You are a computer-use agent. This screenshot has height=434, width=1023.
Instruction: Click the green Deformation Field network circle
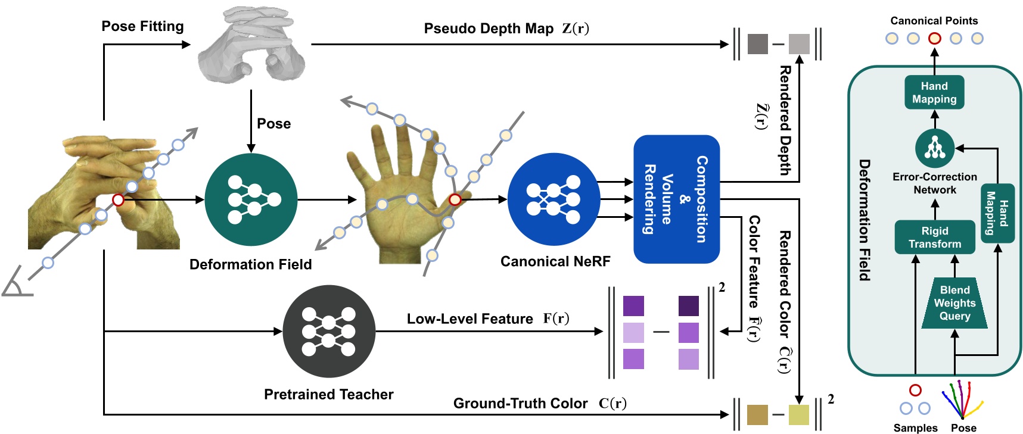coord(251,199)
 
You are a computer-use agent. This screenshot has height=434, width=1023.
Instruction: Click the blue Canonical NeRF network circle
coord(554,199)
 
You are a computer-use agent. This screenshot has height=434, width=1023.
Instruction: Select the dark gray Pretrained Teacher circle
coord(329,331)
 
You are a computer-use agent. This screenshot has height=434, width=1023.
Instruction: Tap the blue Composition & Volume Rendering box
coord(676,199)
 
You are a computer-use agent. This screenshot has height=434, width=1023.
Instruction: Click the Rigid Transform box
coord(934,237)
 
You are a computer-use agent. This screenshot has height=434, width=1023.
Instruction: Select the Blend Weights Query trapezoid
coord(954,303)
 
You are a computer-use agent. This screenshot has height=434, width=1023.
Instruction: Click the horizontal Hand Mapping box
coord(934,92)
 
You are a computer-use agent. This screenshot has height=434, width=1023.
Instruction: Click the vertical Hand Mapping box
coord(997,213)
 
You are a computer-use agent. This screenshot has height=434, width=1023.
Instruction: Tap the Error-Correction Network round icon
coord(934,148)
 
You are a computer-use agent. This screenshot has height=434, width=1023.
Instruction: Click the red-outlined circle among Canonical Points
coord(934,38)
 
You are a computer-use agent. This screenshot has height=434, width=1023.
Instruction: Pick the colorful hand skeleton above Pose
coord(960,399)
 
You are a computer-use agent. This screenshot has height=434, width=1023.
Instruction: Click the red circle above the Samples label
coord(915,390)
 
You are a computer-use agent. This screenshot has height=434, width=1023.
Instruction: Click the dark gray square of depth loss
coord(757,44)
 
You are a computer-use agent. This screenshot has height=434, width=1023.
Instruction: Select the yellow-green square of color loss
coord(798,415)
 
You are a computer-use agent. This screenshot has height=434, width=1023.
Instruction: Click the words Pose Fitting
coord(142,26)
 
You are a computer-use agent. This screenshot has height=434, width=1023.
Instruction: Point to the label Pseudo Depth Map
coord(488,29)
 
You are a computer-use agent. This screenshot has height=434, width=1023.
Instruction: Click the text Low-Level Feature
coord(469,319)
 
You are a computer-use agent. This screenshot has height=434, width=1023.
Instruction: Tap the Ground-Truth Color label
coord(520,404)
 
